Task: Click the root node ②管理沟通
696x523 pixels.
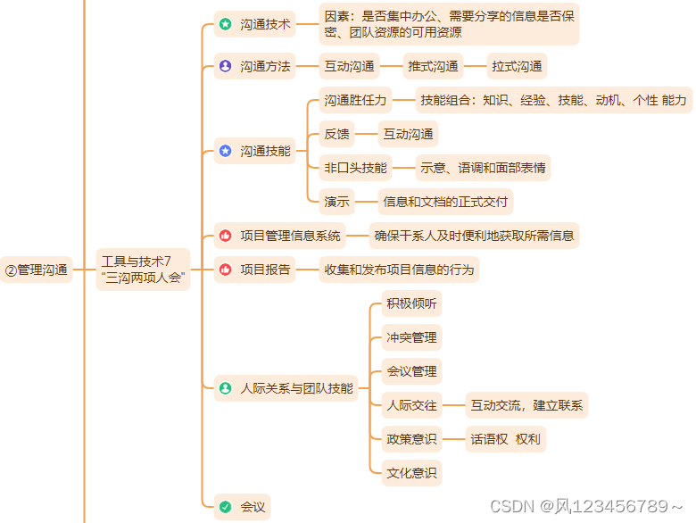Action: (37, 270)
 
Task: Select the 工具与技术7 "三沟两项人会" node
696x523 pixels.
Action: (143, 270)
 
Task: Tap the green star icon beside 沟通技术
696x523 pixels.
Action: (225, 24)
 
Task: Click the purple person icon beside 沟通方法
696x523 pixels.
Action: (225, 66)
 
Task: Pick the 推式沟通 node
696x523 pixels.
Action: (434, 66)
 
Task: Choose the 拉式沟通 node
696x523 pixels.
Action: (517, 66)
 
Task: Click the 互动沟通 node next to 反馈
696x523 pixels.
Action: (409, 134)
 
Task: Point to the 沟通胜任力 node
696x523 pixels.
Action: (355, 100)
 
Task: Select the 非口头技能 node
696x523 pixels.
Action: (355, 168)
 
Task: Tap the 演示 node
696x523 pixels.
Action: (337, 202)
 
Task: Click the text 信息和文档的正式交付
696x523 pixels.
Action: (445, 202)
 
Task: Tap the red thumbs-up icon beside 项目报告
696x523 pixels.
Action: (225, 270)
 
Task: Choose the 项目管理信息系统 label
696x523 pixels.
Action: (291, 236)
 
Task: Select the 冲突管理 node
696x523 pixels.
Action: (411, 337)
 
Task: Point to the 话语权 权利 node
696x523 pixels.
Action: (505, 439)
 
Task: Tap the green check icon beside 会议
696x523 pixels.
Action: (225, 507)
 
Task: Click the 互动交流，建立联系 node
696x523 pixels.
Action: (527, 405)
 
